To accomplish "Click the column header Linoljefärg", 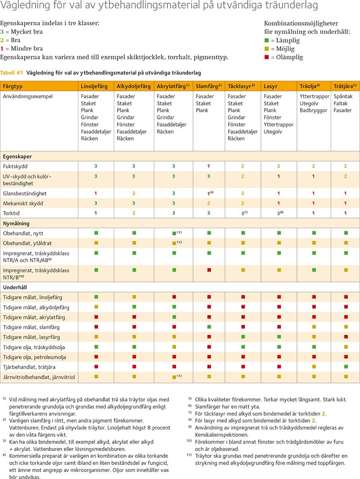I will (94, 86).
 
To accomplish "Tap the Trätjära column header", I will (345, 86).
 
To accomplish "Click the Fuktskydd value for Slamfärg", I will (208, 166).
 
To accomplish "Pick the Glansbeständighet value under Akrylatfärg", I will (174, 193).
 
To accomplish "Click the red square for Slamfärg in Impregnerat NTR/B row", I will (208, 270).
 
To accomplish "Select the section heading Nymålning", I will (18, 223).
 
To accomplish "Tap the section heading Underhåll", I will (17, 287).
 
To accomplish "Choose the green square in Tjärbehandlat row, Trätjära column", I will (346, 366).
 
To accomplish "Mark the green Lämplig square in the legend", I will (266, 41).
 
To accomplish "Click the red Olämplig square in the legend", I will (266, 57).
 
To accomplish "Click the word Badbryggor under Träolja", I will (314, 110).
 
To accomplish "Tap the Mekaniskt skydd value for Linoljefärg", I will (96, 203).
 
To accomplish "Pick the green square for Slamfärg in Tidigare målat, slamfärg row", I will (208, 327).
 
